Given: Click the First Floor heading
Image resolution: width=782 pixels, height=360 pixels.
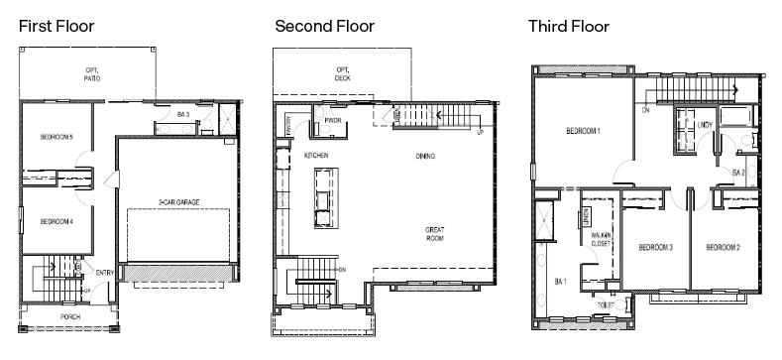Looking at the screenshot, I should pyautogui.click(x=56, y=26).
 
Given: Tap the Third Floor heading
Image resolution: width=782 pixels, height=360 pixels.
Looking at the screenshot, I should pyautogui.click(x=568, y=26).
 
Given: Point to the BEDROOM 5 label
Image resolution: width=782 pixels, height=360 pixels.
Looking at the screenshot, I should pyautogui.click(x=57, y=136).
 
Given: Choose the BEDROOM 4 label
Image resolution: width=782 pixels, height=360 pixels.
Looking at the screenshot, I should pyautogui.click(x=57, y=223).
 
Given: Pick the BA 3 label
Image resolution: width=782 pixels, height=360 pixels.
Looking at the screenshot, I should pyautogui.click(x=183, y=115).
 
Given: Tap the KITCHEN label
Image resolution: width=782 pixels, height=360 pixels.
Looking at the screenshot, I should pyautogui.click(x=315, y=156).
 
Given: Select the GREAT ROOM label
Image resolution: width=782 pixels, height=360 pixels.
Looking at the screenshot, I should pyautogui.click(x=435, y=234).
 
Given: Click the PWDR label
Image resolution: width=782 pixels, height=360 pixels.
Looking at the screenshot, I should pyautogui.click(x=332, y=122).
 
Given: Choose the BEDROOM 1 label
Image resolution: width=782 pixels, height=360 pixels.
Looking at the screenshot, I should pyautogui.click(x=583, y=131).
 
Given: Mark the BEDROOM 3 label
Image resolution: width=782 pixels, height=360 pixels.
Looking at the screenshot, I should pyautogui.click(x=655, y=247).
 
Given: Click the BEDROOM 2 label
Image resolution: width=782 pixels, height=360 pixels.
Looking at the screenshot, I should pyautogui.click(x=723, y=247).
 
